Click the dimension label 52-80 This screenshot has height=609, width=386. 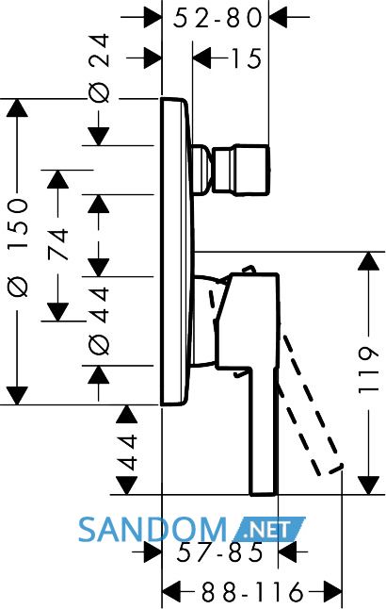[x=217, y=18]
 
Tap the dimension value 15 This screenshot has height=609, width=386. [x=247, y=59]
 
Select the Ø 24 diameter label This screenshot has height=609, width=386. [x=99, y=69]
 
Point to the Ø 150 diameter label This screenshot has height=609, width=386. [x=18, y=248]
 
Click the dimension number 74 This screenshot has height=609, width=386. [x=58, y=245]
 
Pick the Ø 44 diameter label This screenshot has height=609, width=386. [x=99, y=321]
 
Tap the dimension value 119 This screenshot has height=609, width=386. [x=368, y=370]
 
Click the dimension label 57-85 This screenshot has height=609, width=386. [x=220, y=552]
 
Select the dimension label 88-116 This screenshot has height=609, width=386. [x=252, y=592]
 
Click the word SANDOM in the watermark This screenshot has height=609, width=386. [x=153, y=530]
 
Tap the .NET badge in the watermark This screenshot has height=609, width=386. [x=268, y=529]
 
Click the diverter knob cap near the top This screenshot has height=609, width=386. [x=240, y=170]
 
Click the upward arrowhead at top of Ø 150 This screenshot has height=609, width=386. [x=17, y=107]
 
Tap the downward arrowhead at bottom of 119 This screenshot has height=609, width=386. [x=368, y=486]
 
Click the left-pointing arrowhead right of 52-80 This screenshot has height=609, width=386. [x=278, y=18]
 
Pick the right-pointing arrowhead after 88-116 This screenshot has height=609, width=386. [x=332, y=592]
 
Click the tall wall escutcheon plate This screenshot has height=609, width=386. [x=176, y=252]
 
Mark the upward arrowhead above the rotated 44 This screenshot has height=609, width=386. [x=126, y=414]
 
